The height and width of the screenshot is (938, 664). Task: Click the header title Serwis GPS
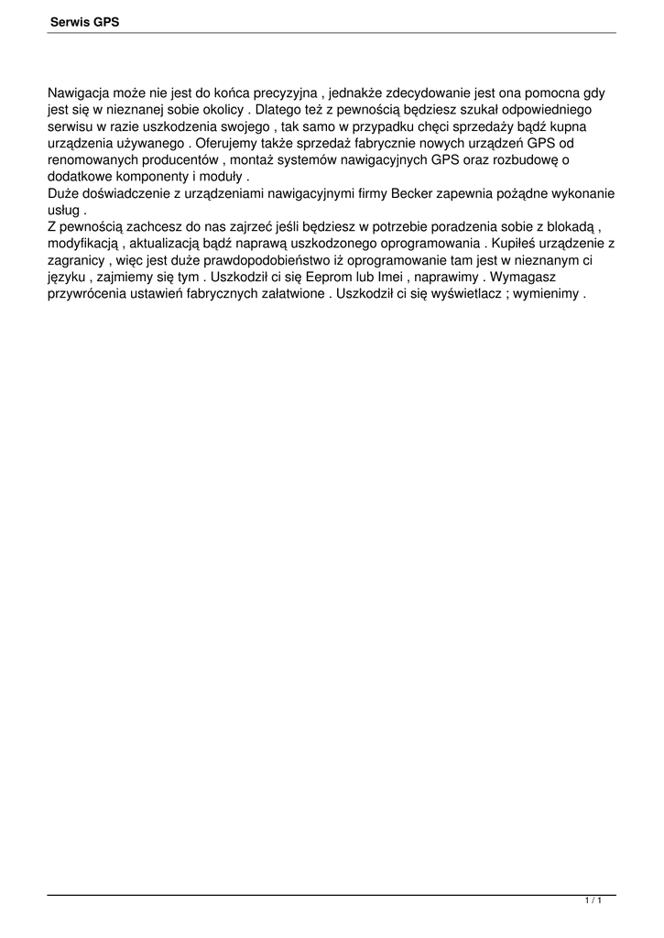point(83,22)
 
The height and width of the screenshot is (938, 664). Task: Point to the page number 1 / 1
point(593,902)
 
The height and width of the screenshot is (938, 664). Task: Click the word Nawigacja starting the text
point(82,93)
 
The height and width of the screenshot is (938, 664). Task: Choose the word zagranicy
point(77,261)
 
